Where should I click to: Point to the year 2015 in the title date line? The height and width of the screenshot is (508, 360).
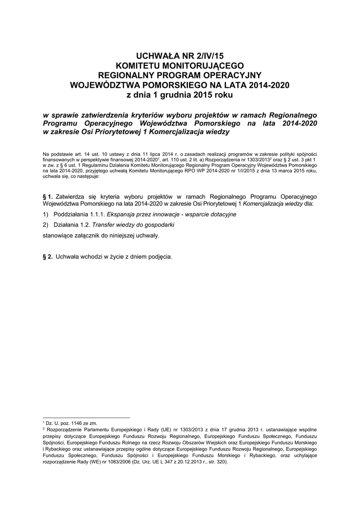(195, 94)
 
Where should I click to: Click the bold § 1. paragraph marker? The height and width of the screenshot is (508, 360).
(48, 196)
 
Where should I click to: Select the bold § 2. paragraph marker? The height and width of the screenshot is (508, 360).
(48, 257)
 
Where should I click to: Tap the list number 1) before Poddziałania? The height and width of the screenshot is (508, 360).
(46, 214)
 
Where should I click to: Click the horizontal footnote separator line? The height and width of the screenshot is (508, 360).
(86, 417)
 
